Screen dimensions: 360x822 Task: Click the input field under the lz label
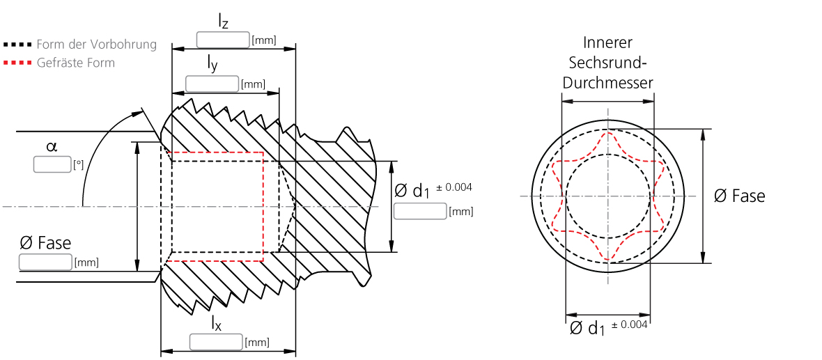(x=223, y=40)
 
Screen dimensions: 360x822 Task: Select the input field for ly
(x=212, y=84)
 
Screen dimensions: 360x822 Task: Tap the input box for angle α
(x=52, y=165)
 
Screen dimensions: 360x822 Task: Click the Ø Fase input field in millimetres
(x=45, y=263)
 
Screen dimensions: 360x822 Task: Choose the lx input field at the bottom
(x=216, y=342)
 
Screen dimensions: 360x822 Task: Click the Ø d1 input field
(x=420, y=211)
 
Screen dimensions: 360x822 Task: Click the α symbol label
(x=52, y=146)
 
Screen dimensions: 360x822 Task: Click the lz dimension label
(x=223, y=22)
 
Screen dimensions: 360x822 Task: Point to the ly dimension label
(x=212, y=65)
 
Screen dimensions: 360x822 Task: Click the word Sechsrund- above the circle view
(x=608, y=63)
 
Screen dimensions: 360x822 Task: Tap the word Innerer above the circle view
(x=608, y=42)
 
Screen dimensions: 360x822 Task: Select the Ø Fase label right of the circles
(x=739, y=196)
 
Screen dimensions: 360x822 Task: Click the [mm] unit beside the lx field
(x=256, y=343)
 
